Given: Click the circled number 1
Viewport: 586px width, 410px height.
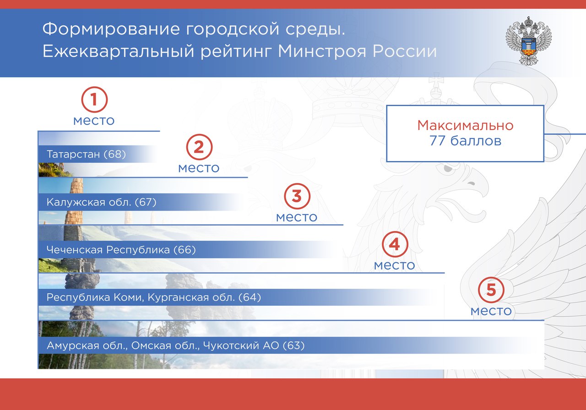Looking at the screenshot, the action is click(94, 100).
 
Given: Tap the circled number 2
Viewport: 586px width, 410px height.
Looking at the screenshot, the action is click(199, 147).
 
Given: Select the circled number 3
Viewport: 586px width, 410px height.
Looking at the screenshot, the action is click(297, 196).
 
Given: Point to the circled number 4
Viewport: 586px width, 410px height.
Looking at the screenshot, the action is click(395, 244).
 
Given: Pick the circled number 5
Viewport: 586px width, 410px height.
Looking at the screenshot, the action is click(491, 290).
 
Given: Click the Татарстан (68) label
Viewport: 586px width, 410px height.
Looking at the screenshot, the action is click(86, 154).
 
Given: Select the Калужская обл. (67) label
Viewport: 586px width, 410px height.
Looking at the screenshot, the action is click(101, 202).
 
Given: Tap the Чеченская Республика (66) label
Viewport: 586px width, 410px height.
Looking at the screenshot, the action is click(121, 250).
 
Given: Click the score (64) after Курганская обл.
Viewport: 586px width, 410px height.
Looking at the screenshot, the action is click(250, 297).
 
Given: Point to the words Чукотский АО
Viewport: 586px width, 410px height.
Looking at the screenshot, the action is click(241, 345).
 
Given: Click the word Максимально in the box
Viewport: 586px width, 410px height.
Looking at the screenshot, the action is click(465, 125).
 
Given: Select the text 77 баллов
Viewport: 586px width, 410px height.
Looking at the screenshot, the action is click(465, 140).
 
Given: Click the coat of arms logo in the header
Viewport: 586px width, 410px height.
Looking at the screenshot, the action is click(529, 41).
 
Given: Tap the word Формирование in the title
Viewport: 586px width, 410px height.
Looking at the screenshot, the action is click(111, 29).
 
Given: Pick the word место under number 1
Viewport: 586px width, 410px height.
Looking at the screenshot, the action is click(94, 121).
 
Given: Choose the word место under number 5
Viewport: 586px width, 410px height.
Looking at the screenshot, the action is click(491, 311).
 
